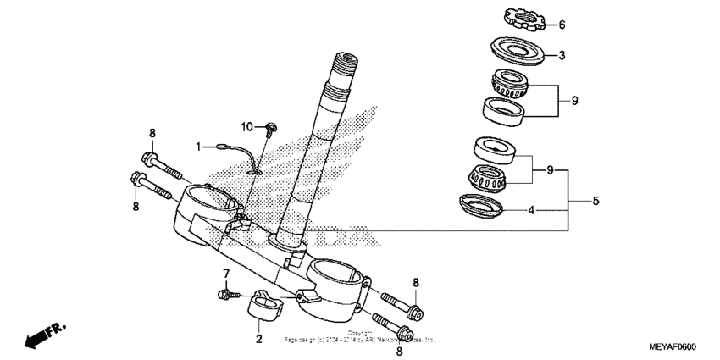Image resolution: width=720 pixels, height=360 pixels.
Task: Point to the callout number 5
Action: coord(595,201)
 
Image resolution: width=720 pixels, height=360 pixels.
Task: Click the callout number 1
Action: coord(200,147)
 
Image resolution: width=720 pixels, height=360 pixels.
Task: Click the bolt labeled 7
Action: coord(225,294)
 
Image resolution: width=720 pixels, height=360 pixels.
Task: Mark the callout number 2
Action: coord(258,339)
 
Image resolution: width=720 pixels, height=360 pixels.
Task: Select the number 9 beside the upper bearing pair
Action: coord(574,101)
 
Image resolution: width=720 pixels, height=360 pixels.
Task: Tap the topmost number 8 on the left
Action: coord(152,133)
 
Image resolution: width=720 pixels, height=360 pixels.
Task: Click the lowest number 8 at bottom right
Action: coord(399,351)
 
